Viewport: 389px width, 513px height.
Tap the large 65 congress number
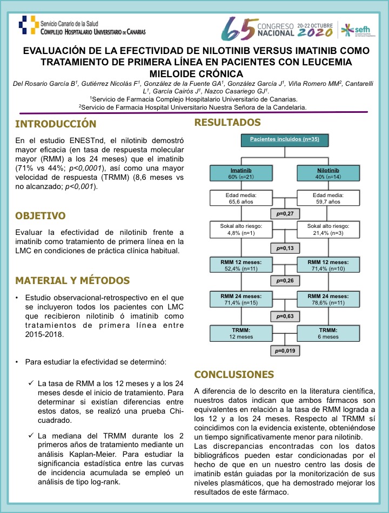pyautogui.click(x=239, y=28)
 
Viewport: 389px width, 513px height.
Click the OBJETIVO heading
pyautogui.click(x=48, y=216)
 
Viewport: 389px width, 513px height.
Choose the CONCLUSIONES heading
pyautogui.click(x=234, y=374)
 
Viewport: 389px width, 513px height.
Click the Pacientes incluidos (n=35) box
pyautogui.click(x=285, y=139)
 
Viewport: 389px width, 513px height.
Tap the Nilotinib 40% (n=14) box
pyautogui.click(x=328, y=173)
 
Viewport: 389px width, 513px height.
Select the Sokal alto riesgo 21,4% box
pyautogui.click(x=328, y=230)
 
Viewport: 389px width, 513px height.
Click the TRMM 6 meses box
pyautogui.click(x=328, y=332)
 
